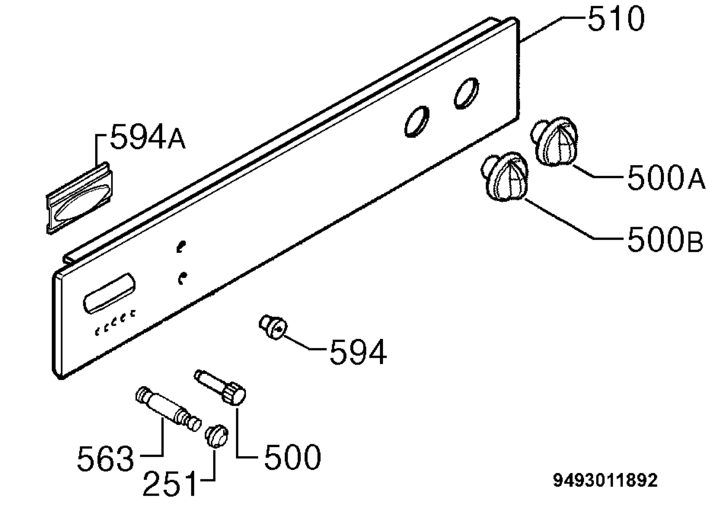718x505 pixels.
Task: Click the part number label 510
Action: coord(616,19)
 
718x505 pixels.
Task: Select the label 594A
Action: coord(147,136)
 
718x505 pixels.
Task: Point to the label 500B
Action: coord(665,239)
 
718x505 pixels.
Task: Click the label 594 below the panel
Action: coord(358,352)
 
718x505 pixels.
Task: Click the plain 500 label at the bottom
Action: coord(293,457)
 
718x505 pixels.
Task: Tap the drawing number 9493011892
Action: coord(606,480)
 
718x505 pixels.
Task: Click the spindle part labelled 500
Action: coord(220,388)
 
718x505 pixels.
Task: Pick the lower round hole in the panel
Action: coord(417,122)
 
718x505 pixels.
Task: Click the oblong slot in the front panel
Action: coord(109,293)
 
